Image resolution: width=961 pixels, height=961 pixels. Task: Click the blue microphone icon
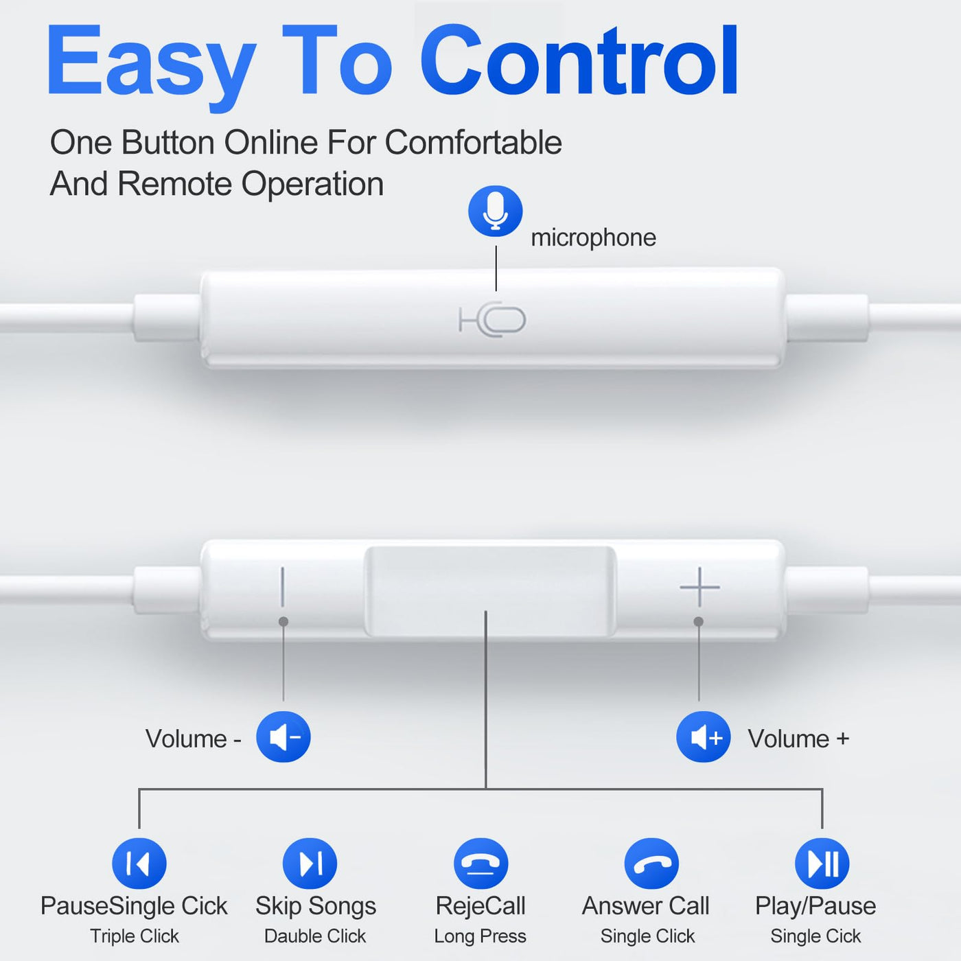coord(495,211)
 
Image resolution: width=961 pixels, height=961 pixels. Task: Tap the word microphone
coord(593,238)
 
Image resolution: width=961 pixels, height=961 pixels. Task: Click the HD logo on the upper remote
coord(492,320)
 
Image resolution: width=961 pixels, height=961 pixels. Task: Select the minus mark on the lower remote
coord(283,586)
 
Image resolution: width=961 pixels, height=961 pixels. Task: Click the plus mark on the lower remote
coord(699,587)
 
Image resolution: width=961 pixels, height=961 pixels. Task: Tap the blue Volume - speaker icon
coord(283,737)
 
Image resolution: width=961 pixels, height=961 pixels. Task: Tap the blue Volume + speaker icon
coord(703,737)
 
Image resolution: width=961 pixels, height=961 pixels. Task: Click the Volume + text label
coord(798,739)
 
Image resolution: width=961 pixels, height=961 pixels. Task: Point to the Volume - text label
coord(194,739)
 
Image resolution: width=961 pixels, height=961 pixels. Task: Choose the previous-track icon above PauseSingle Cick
coord(139,864)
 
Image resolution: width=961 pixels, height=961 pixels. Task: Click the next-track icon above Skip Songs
coord(310,864)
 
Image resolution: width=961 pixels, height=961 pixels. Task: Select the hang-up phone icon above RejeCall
coord(480,864)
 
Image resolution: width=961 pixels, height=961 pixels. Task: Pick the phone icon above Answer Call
coord(651,864)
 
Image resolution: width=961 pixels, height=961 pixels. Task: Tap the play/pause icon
coord(822,864)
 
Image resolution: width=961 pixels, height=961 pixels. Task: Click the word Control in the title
coord(579,61)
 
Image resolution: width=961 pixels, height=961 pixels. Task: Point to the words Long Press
coord(480,936)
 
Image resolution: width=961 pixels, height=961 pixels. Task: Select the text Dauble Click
coord(315,936)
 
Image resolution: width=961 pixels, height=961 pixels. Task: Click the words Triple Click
coord(134,936)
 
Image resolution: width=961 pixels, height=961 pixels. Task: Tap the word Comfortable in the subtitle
coord(473,143)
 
